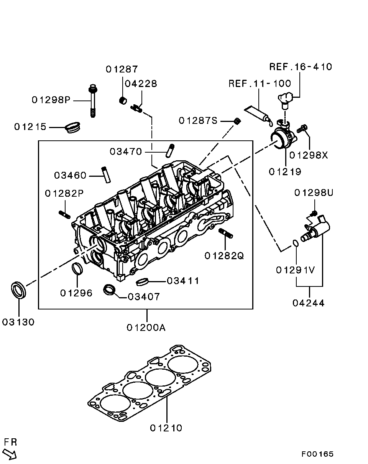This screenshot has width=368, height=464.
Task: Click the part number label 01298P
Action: (x=51, y=100)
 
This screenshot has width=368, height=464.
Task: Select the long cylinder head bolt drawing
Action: (x=93, y=101)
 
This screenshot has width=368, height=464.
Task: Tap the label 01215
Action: (x=30, y=127)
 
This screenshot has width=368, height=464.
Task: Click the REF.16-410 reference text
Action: (x=301, y=67)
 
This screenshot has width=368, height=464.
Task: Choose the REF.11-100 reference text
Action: (x=260, y=84)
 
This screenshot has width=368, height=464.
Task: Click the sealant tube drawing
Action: (x=258, y=115)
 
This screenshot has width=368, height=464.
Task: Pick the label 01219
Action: (x=285, y=172)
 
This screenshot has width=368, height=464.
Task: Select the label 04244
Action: (x=308, y=303)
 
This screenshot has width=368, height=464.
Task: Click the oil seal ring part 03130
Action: (x=18, y=290)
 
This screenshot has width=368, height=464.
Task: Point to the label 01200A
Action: (x=146, y=328)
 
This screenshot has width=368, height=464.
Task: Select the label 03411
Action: (x=183, y=281)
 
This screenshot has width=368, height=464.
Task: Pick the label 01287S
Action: (x=198, y=120)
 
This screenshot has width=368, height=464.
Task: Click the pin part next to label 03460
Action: (x=106, y=175)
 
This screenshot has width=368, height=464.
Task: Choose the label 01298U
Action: (x=314, y=193)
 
